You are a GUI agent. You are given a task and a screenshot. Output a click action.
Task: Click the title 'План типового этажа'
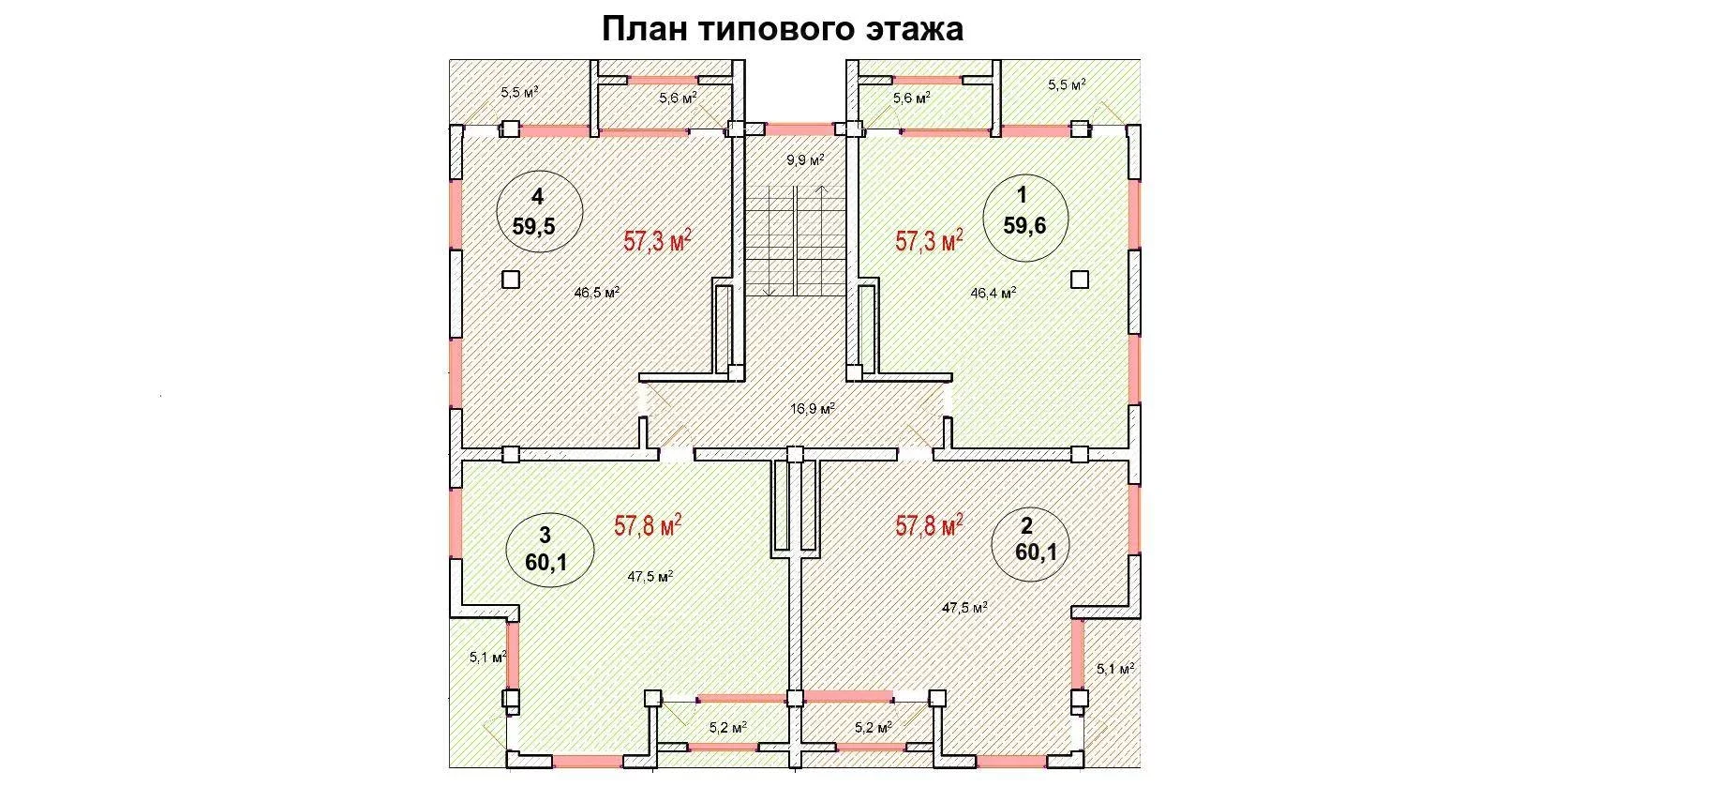coord(782,29)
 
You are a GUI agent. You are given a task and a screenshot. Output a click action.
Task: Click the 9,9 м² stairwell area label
coord(805,160)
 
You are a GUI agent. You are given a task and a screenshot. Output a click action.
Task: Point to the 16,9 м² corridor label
coord(813,409)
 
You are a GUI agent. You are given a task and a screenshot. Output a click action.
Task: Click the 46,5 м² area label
coord(597,292)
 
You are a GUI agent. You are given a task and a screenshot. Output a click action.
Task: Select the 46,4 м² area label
coord(993,293)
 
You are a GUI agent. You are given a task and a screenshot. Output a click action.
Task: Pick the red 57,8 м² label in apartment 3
coord(648,524)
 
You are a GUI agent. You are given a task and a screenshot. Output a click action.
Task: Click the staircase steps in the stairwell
coord(796,241)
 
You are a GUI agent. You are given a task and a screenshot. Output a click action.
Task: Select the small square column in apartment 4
coord(510,279)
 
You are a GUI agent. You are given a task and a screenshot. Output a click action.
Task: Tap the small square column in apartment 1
coord(1080,279)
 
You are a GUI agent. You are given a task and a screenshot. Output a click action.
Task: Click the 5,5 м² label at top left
coord(519,92)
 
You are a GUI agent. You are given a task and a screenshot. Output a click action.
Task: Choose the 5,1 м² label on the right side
coord(1115,669)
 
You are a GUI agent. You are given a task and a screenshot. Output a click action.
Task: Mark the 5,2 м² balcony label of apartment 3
coord(727,727)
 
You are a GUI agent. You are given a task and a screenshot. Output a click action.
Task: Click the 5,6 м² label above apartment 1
coord(911,98)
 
